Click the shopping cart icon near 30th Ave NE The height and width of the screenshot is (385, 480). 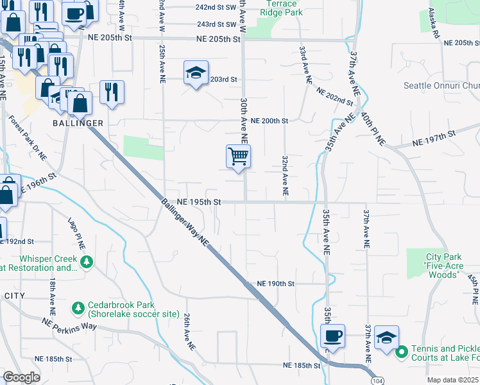pos(238,157)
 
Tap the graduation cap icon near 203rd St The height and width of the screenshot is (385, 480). pos(196,73)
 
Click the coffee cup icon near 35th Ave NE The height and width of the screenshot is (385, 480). pos(332,336)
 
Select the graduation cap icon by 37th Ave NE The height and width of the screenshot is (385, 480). pos(386,338)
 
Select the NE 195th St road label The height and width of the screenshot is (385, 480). pos(199,201)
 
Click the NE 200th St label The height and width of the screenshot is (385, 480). pos(270,121)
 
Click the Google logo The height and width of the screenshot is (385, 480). pos(21,377)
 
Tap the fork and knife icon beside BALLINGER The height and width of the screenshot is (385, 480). pos(112,92)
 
